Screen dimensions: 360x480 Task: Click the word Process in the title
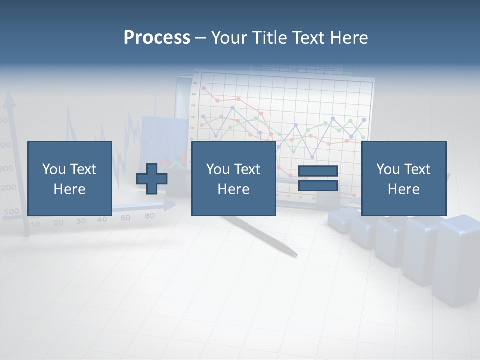pos(157,37)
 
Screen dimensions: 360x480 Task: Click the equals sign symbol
pos(318,178)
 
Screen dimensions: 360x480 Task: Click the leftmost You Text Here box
pos(69,178)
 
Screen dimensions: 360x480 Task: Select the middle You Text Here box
pos(233,178)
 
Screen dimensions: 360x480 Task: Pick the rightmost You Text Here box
pos(403,178)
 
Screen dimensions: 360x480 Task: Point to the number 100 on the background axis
pos(10,211)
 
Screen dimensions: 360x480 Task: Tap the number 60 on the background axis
pos(149,216)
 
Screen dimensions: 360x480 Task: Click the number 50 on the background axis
pos(125,218)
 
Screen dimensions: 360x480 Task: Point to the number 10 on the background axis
pos(35,224)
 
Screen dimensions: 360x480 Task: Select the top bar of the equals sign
pos(318,171)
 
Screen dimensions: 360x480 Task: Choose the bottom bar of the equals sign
pos(318,186)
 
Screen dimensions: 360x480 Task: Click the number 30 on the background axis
pos(81,221)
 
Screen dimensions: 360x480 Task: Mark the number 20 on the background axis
pos(58,223)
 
